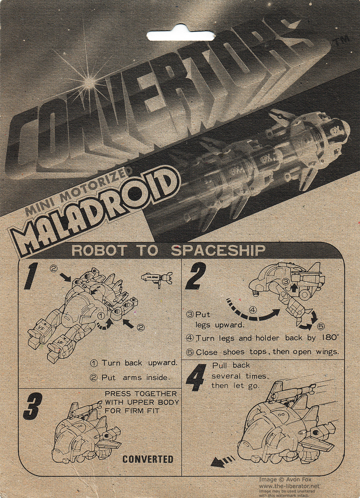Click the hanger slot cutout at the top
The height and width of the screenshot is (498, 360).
pos(181,35)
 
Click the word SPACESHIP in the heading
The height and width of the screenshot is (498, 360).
pos(218,250)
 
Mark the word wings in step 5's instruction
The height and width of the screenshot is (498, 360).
pos(327,352)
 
